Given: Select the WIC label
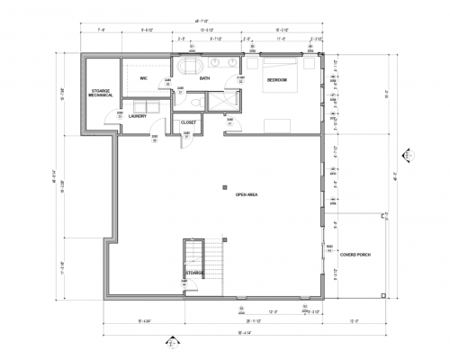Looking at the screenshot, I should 143,78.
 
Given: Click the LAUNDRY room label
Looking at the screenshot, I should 138,116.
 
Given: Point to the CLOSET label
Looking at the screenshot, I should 189,121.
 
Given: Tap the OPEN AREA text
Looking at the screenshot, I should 247,193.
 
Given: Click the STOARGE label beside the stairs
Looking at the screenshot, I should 195,272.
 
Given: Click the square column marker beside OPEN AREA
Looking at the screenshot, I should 224,187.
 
